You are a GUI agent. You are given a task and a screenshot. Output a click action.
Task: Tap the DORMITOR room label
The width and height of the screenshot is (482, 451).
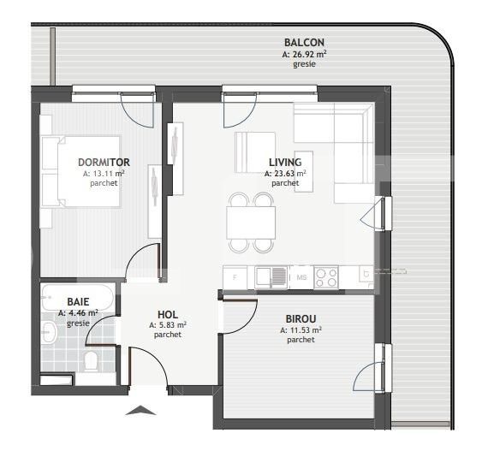104,162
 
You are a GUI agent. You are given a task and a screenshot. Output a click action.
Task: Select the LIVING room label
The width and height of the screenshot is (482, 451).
284,161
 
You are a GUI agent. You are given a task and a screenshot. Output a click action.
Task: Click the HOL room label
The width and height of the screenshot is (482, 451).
168,314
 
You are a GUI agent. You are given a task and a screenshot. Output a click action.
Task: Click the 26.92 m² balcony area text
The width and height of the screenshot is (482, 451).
304,54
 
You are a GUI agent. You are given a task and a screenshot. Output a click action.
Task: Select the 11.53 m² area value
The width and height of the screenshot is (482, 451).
304,329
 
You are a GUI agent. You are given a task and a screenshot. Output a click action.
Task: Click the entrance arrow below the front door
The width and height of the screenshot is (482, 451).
141,411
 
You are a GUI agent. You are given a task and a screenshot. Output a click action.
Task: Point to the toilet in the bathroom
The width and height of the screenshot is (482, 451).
92,359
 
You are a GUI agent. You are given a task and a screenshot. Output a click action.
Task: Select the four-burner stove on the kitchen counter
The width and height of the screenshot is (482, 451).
325,276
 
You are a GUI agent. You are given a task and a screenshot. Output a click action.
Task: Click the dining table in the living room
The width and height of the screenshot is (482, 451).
251,223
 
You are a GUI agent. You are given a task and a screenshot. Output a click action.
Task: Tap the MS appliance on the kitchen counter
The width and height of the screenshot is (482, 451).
301,276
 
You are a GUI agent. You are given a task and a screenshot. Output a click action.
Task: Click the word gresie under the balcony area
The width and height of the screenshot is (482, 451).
304,64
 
